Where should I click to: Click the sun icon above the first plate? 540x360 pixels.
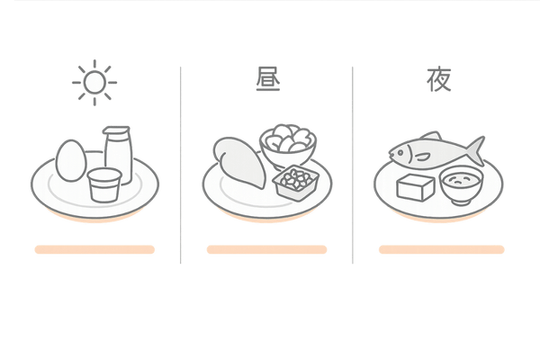(x=93, y=85)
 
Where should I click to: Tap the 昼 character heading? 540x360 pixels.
(x=266, y=82)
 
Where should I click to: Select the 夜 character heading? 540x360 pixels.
(x=439, y=81)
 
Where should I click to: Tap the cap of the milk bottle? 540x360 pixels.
(x=116, y=132)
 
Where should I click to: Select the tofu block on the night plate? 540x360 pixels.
(x=416, y=188)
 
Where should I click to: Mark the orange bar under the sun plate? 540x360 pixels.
(x=94, y=249)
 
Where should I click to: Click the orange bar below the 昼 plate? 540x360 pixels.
(x=266, y=249)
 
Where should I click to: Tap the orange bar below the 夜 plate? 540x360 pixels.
(x=439, y=249)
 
